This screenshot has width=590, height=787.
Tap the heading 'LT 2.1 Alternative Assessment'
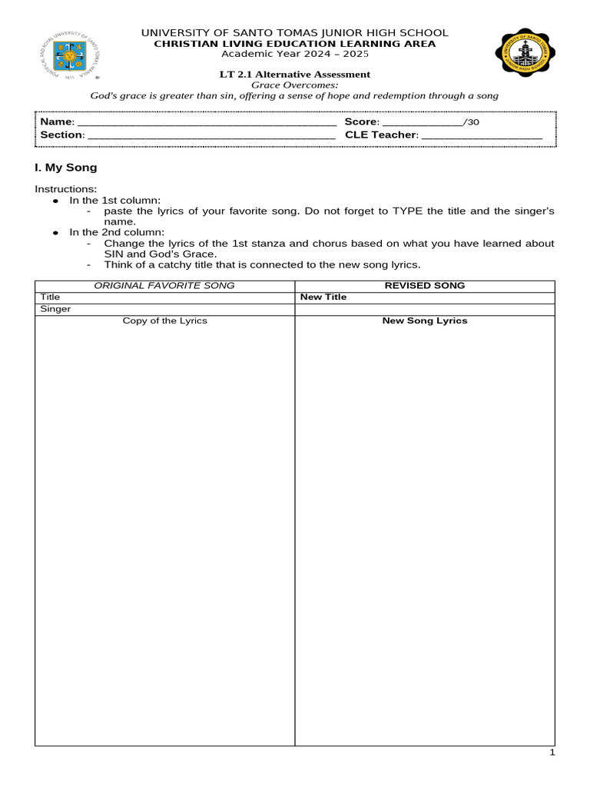tap(295, 75)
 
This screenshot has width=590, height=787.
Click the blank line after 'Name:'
tap(207, 123)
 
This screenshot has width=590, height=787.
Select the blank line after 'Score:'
tap(423, 123)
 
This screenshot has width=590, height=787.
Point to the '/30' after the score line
tap(472, 122)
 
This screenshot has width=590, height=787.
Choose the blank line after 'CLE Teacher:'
tap(482, 136)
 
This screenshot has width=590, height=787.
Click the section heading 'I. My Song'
tap(66, 168)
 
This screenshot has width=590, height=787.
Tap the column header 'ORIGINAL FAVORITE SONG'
tap(164, 286)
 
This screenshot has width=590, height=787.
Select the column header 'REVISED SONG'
tap(425, 286)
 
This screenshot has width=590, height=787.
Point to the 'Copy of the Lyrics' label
tap(164, 320)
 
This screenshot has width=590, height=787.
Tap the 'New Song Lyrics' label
tap(425, 320)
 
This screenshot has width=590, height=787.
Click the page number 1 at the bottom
tap(552, 753)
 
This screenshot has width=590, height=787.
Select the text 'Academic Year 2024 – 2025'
tap(295, 54)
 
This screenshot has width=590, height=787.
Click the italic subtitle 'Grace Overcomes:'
tap(295, 85)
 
